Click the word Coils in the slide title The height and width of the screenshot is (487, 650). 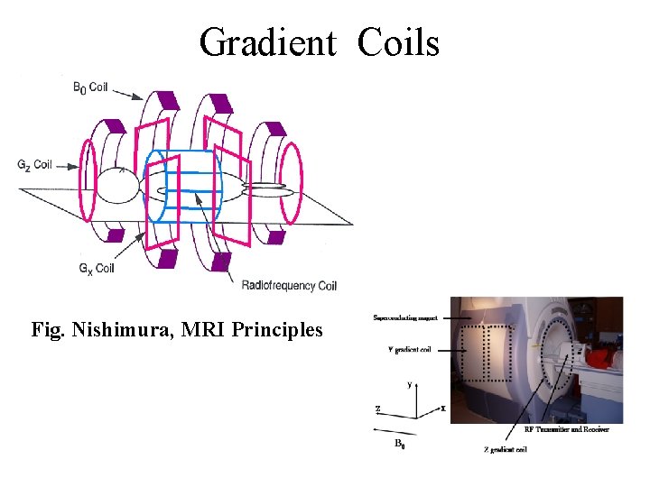click(x=398, y=42)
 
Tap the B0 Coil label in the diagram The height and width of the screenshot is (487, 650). click(x=90, y=87)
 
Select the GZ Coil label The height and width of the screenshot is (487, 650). click(x=34, y=165)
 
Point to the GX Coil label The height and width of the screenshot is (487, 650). click(x=96, y=267)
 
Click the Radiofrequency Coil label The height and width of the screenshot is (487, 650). click(x=289, y=286)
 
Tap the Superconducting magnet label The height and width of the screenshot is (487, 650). click(x=405, y=317)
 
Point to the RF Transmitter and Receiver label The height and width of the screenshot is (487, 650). click(x=567, y=429)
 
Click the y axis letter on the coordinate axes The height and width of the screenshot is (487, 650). click(x=410, y=384)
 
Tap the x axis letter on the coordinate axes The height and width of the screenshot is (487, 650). click(x=443, y=408)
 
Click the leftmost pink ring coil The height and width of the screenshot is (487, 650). click(x=88, y=180)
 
